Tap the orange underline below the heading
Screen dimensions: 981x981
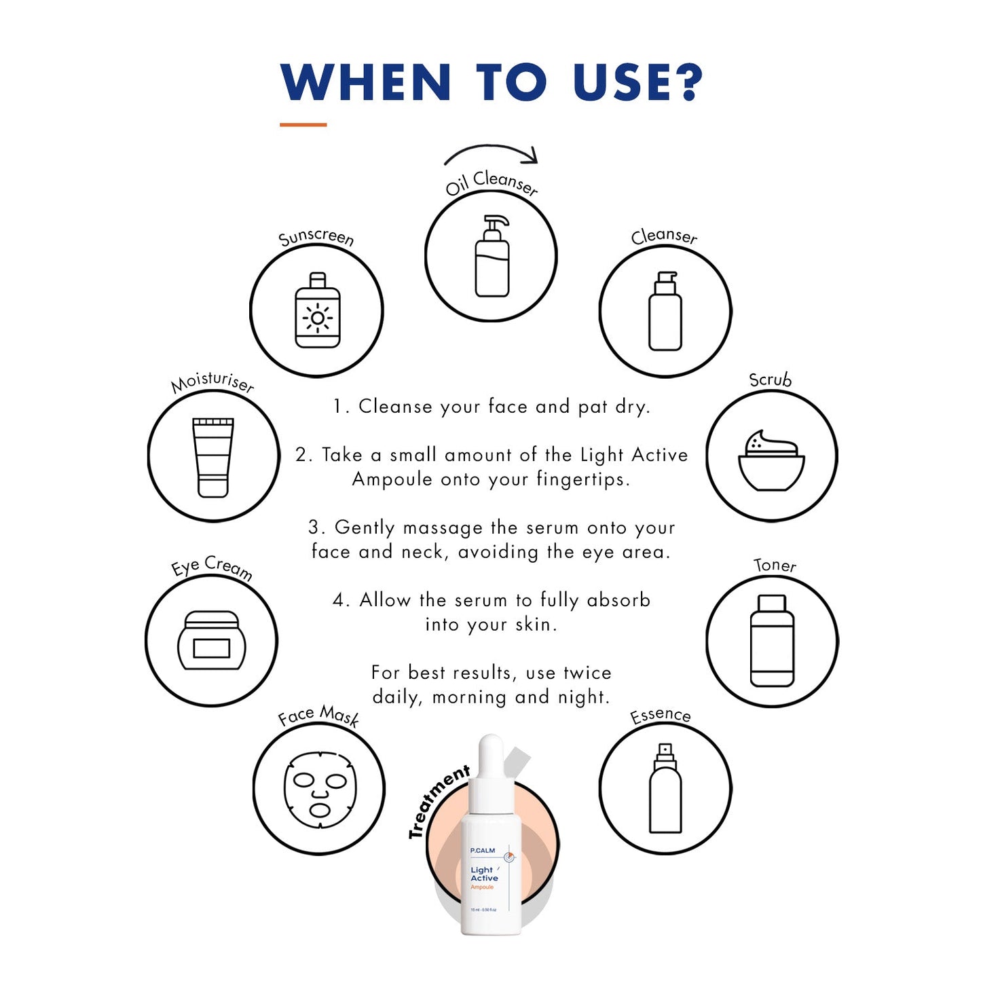coord(303,124)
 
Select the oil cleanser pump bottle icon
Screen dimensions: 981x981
coord(492,256)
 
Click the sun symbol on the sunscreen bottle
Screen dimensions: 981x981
coord(317,318)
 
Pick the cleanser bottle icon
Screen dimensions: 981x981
coord(665,311)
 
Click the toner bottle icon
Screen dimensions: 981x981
coord(772,640)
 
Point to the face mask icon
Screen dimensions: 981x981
coord(319,790)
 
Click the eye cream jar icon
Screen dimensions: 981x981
coord(211,640)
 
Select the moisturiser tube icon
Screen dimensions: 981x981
coord(213,457)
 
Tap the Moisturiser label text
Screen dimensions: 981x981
coord(212,383)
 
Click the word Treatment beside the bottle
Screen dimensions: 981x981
coord(438,802)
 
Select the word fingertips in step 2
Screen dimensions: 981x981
coord(583,479)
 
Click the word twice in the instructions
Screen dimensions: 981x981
coord(587,673)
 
